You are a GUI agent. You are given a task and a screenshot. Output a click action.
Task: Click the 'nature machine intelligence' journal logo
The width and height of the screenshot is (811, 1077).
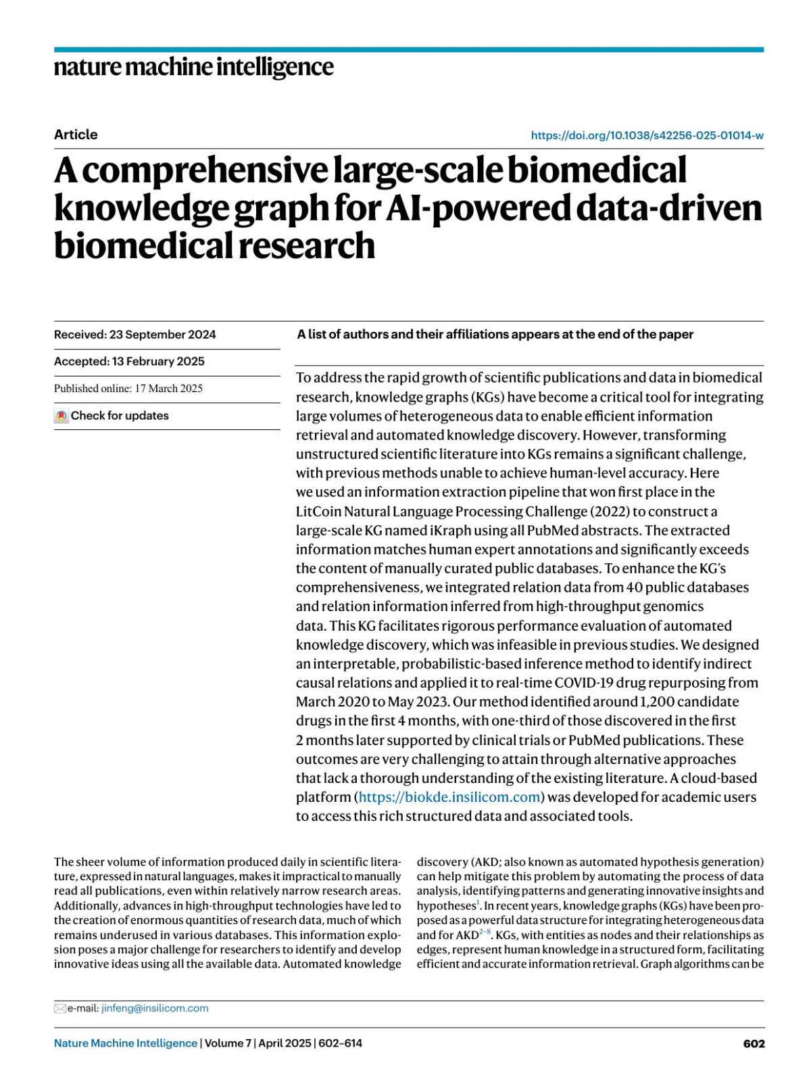[193, 68]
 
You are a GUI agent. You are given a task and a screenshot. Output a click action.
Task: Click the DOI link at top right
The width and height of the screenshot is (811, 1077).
[647, 135]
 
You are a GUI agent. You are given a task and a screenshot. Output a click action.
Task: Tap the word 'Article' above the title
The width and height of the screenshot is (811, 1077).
[76, 135]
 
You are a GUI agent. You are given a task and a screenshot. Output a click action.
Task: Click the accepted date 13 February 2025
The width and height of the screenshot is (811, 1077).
[158, 362]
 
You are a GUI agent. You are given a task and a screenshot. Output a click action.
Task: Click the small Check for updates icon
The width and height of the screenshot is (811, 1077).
[62, 416]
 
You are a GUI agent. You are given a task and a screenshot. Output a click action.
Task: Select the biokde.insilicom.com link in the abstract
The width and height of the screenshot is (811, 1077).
[449, 797]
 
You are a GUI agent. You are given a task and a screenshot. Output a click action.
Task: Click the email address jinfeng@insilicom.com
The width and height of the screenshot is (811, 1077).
[155, 1008]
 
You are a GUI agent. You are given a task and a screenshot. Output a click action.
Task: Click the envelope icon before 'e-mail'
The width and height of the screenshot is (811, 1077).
[59, 1009]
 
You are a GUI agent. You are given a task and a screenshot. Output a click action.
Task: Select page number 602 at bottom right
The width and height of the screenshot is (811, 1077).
[754, 1043]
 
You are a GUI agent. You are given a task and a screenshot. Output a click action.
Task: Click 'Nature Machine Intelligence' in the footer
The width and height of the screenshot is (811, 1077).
[126, 1043]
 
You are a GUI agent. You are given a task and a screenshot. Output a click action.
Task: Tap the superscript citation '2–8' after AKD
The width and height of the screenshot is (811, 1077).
[485, 932]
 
